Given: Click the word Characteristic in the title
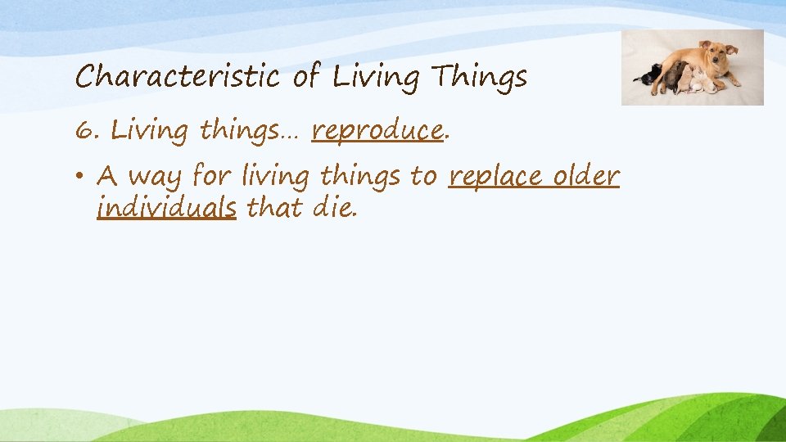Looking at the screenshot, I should (x=175, y=78).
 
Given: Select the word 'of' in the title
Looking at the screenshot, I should (x=305, y=78).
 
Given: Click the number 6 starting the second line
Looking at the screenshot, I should (x=84, y=129).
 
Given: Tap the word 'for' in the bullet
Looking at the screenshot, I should (x=210, y=178).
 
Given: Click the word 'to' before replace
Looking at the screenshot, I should (x=422, y=177).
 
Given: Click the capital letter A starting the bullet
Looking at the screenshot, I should (x=106, y=176).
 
